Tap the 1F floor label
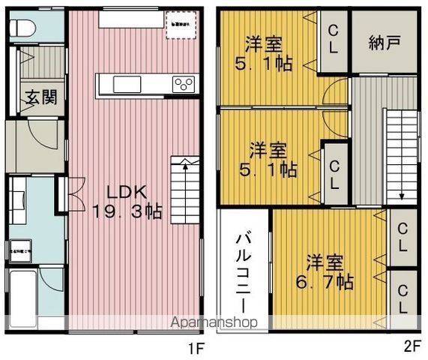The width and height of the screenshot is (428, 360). point(196,348)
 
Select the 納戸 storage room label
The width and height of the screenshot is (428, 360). point(385,43)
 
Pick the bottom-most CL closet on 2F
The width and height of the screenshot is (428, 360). point(402,298)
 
